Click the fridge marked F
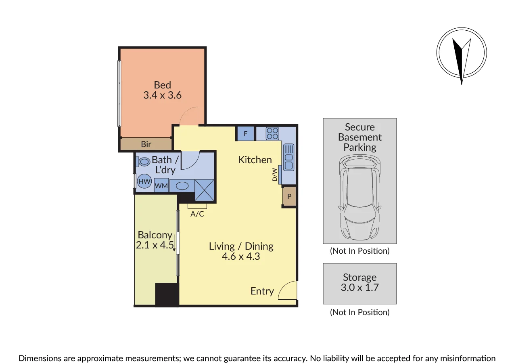click(x=245, y=133)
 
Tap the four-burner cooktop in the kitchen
click(x=272, y=133)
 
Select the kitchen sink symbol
click(x=288, y=158)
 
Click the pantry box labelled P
click(x=289, y=196)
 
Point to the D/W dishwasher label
click(x=274, y=175)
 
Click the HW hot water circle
click(x=144, y=181)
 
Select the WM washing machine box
click(x=161, y=185)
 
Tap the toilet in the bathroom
click(x=143, y=162)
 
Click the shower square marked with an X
click(x=204, y=190)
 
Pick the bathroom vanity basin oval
click(x=182, y=186)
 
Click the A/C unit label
click(x=197, y=214)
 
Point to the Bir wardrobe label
click(x=146, y=144)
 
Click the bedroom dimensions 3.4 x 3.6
click(x=163, y=95)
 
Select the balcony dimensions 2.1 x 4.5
click(x=155, y=245)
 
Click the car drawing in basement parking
click(x=359, y=198)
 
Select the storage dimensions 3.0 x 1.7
click(x=359, y=288)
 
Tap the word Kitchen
click(x=255, y=160)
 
